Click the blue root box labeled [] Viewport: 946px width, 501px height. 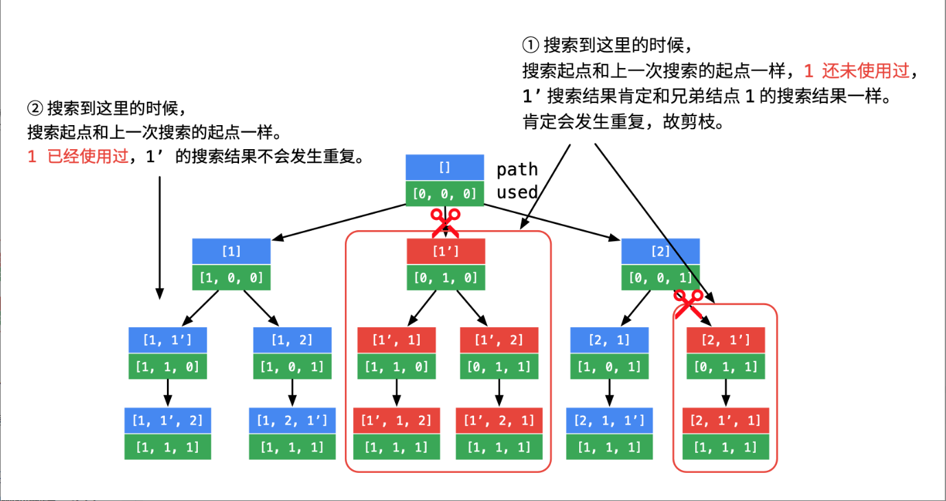(x=444, y=168)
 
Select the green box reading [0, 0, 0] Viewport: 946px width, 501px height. (x=444, y=194)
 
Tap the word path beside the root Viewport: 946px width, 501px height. (x=517, y=170)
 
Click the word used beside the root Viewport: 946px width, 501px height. (x=517, y=192)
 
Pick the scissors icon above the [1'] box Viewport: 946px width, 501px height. (x=445, y=223)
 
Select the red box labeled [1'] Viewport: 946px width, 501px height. (x=446, y=252)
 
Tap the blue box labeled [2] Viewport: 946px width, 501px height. (x=660, y=252)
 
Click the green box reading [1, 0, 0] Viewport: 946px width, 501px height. (x=232, y=278)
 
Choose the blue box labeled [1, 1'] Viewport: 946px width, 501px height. (x=168, y=339)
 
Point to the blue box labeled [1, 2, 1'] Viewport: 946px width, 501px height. (x=292, y=420)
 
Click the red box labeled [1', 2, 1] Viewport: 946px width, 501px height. (x=499, y=420)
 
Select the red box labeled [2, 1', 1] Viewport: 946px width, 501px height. (x=726, y=420)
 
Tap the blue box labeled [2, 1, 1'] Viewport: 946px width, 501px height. (x=609, y=420)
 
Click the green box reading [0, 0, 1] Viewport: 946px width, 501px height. (x=660, y=278)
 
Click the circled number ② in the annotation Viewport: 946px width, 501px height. (x=34, y=108)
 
